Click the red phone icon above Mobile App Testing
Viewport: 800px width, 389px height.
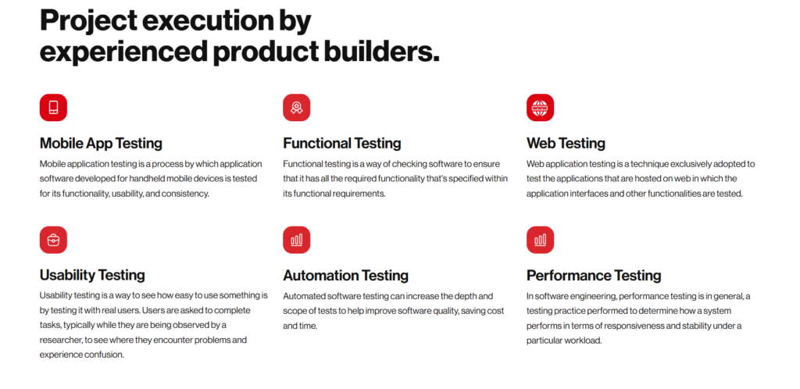[x=53, y=108]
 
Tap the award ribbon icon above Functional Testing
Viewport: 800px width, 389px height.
[x=296, y=108]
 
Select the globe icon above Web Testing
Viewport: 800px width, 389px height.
[x=540, y=108]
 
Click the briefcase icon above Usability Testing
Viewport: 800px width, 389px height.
[x=53, y=240]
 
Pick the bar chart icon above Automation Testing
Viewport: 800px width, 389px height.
[x=296, y=240]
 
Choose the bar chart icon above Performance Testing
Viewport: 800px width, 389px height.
[x=540, y=240]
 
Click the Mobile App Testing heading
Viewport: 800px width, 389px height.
[x=101, y=143]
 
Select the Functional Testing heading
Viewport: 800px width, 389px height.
[x=342, y=143]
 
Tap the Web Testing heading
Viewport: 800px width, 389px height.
[x=566, y=143]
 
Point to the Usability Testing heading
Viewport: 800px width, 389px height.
[x=92, y=275]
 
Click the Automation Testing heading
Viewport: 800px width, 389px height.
[x=345, y=275]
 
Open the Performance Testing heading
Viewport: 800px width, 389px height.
[x=594, y=275]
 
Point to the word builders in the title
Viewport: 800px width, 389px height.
[x=380, y=51]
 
